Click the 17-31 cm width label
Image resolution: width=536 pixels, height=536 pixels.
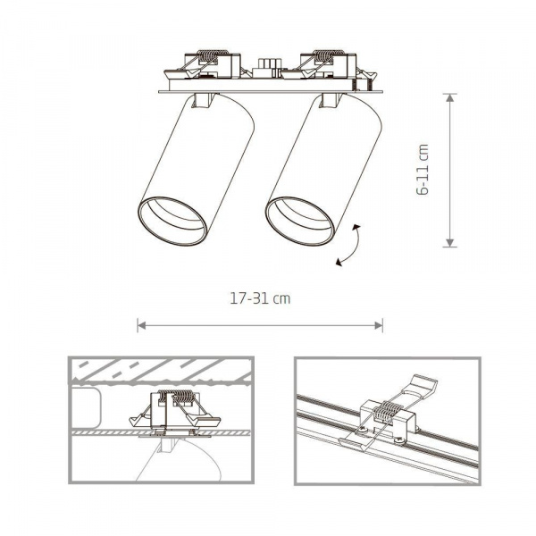260,299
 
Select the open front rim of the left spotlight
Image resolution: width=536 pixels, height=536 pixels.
172,220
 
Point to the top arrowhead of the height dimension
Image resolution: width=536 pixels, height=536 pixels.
450,96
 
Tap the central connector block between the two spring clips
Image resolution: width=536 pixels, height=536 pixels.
264,66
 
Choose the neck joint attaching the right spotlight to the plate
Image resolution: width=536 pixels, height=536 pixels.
328,101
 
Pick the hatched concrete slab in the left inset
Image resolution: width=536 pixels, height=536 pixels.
161,369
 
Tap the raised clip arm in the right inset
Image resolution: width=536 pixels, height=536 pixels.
420,387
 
